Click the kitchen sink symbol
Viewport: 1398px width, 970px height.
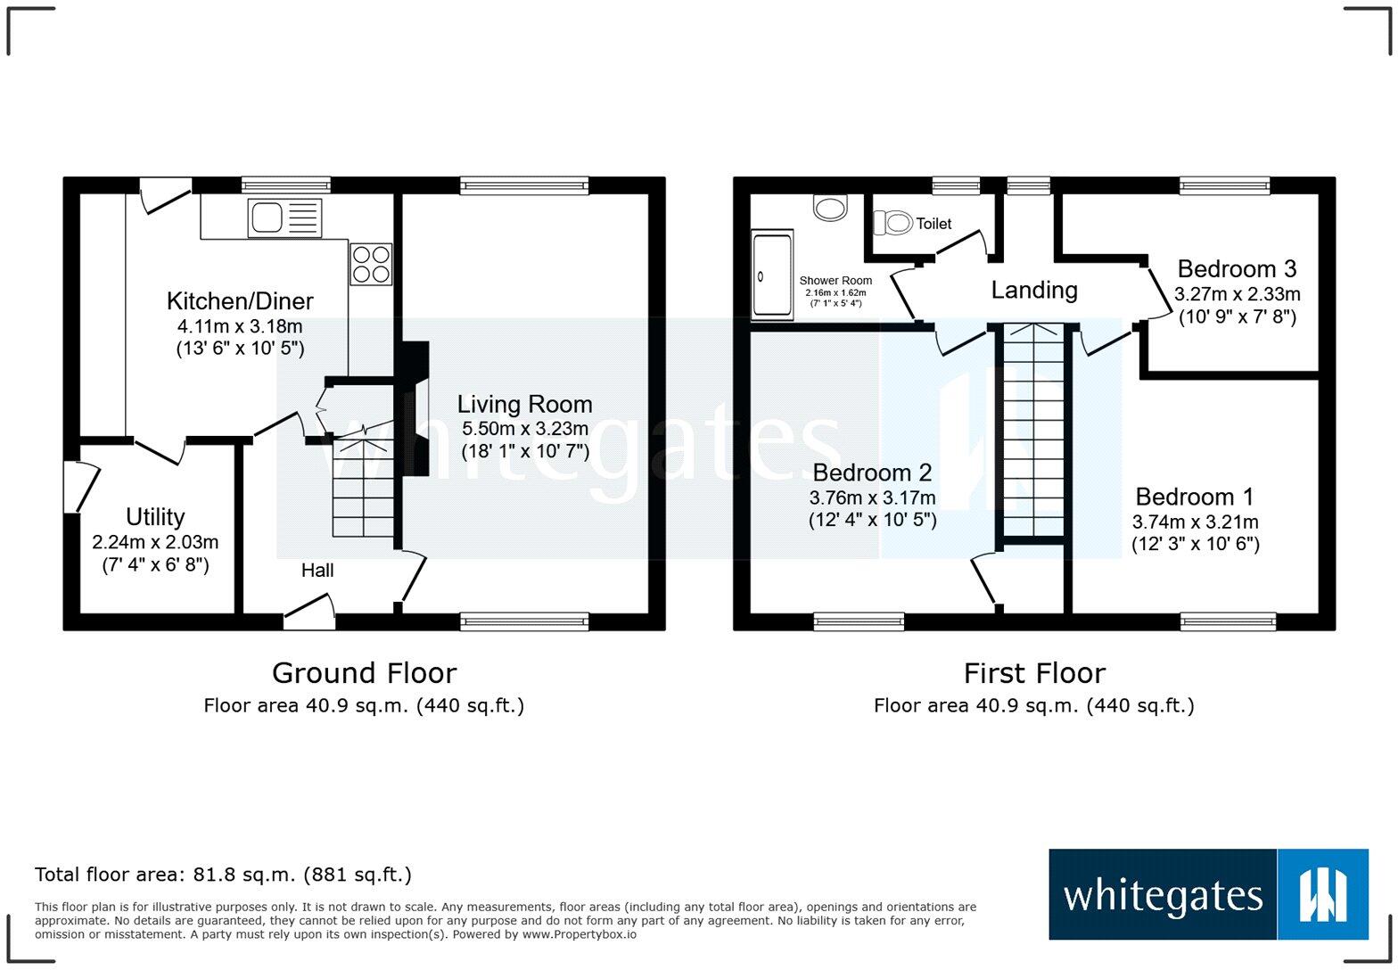(x=284, y=218)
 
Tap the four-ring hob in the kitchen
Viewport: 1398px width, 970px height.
(x=371, y=264)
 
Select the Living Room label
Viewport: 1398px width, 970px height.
(x=524, y=405)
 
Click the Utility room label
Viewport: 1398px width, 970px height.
(x=155, y=517)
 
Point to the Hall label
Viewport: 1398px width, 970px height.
(x=317, y=571)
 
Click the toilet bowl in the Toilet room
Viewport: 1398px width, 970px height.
(x=893, y=222)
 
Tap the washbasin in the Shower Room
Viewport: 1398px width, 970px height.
(x=830, y=209)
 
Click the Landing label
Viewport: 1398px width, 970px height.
(x=1034, y=290)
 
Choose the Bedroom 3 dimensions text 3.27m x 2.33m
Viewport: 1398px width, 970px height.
(x=1237, y=294)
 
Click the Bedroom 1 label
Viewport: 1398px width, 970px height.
(x=1195, y=497)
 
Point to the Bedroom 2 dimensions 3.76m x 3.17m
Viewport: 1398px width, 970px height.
(x=872, y=497)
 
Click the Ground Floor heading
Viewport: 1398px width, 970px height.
(x=364, y=673)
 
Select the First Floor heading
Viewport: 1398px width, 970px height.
(x=1034, y=673)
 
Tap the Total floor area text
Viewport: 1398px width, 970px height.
(x=223, y=875)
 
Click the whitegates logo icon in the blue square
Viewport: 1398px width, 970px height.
(x=1322, y=894)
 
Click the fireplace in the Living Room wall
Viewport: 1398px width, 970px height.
(x=415, y=410)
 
